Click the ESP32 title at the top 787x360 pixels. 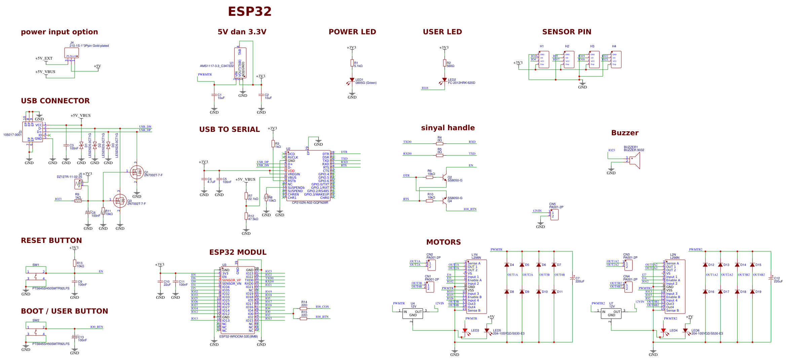(250, 12)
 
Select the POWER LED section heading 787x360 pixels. (352, 32)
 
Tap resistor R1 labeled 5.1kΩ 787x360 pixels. (352, 63)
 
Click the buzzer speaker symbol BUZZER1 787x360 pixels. (635, 160)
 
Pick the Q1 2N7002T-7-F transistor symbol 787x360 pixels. (137, 172)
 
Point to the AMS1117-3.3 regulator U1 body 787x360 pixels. (240, 63)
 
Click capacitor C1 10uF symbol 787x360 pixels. (214, 95)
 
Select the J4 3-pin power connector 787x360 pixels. (72, 53)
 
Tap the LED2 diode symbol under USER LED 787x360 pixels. (445, 80)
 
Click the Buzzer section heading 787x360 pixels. (625, 133)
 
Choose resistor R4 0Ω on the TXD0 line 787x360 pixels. (440, 144)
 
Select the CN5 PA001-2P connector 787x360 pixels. (554, 214)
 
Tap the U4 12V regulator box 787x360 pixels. (413, 314)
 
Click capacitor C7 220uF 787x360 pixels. (572, 279)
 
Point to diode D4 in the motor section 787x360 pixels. (507, 265)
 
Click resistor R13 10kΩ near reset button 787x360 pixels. (75, 263)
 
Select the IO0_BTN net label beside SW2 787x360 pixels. (97, 327)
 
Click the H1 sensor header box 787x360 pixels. (544, 60)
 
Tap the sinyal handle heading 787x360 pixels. (448, 128)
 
